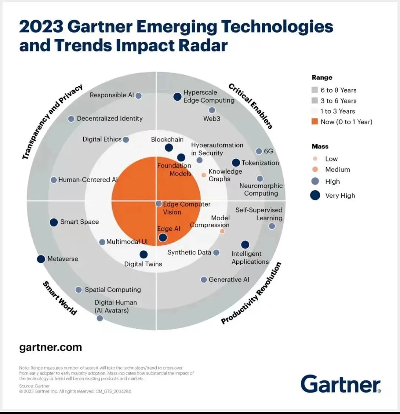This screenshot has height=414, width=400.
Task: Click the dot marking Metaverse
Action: coord(41,259)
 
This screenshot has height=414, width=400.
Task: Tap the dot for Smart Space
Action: coord(54,222)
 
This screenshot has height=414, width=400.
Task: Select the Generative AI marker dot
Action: coord(204,280)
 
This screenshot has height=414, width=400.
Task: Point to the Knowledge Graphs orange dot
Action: coord(203,175)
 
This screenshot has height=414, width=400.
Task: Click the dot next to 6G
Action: coord(259,151)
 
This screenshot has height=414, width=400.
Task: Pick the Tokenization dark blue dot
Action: coord(236,163)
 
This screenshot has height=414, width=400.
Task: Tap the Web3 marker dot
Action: coord(212,110)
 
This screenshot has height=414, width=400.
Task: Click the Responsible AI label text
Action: coord(112,95)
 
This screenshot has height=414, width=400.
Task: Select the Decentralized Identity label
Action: coord(110,118)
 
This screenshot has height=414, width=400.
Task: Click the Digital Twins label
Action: coord(143,264)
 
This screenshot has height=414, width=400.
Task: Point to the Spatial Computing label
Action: coord(113,290)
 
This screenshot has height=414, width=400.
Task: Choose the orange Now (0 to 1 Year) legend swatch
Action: coord(315,121)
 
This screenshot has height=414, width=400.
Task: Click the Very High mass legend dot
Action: coord(315,196)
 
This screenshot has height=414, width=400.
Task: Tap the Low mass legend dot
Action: coord(315,159)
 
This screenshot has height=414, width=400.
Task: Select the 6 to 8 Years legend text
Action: coord(339,90)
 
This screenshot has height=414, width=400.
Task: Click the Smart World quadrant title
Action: coord(60,298)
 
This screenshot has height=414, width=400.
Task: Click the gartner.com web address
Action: coord(50,347)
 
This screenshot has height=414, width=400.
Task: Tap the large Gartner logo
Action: coord(340,384)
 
